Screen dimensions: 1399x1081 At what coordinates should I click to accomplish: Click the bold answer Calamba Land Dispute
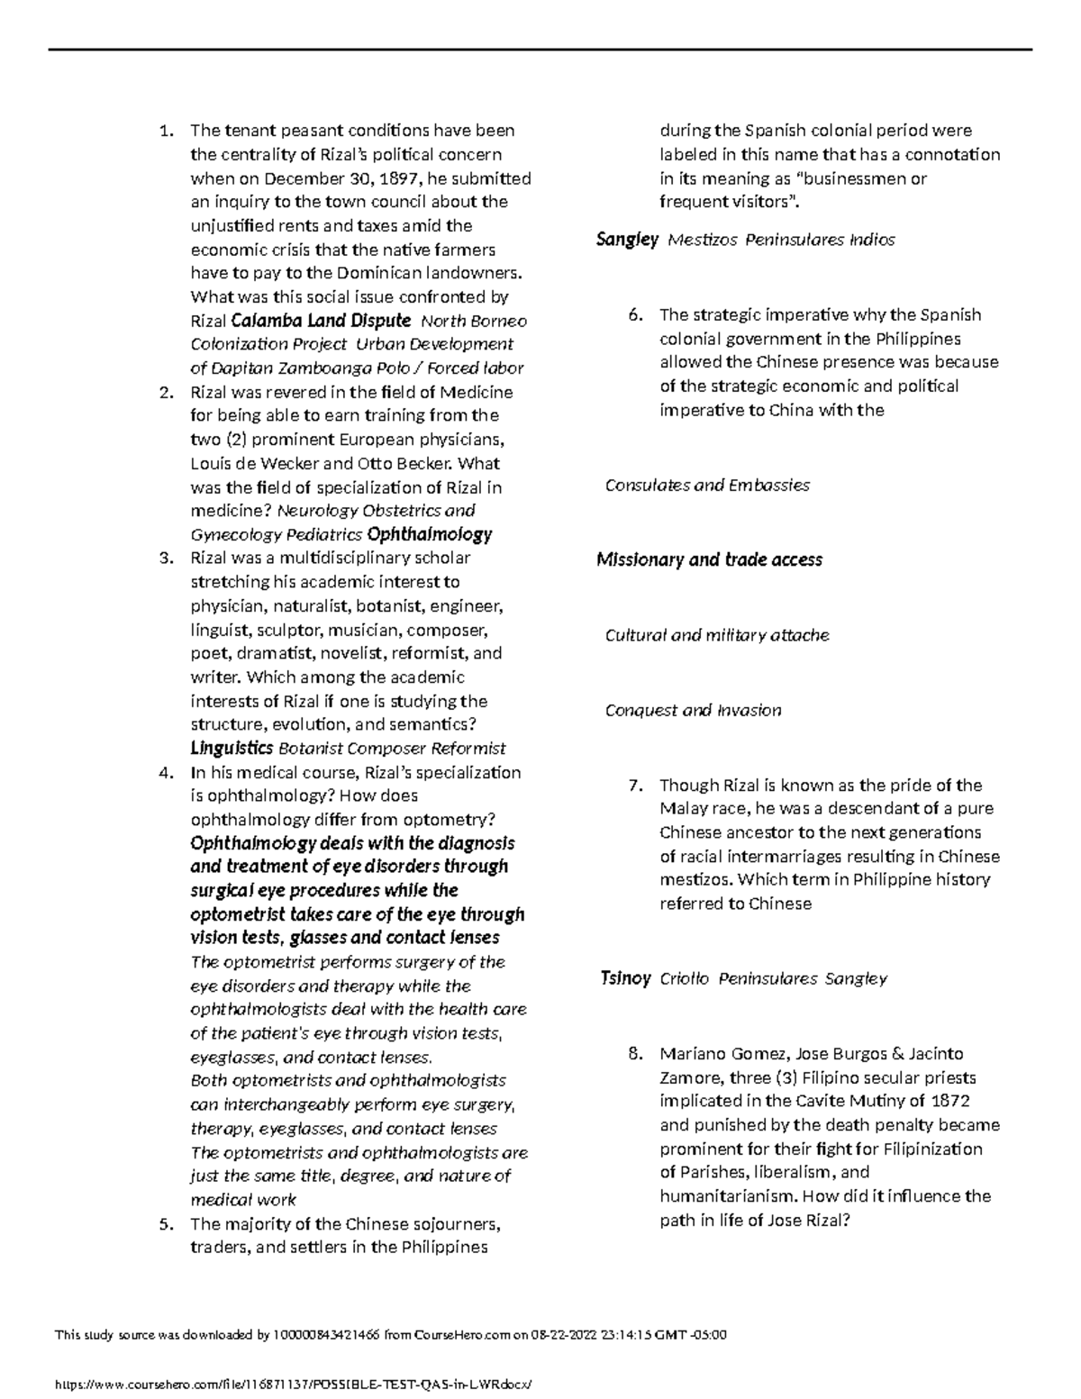point(321,321)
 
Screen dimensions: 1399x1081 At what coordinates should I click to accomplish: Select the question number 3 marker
point(164,558)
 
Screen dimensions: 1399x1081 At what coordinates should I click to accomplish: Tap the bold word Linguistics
point(232,748)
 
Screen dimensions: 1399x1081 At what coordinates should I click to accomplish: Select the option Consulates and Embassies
point(707,486)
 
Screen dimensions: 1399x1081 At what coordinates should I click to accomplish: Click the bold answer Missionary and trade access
point(709,560)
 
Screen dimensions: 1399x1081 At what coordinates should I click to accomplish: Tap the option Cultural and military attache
point(717,635)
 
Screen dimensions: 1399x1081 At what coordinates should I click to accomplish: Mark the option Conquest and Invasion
point(693,711)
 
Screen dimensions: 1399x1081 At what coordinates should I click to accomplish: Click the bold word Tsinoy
point(625,978)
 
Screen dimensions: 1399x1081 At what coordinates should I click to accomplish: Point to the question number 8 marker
point(636,1054)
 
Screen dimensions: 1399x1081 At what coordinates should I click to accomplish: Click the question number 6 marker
point(636,315)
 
